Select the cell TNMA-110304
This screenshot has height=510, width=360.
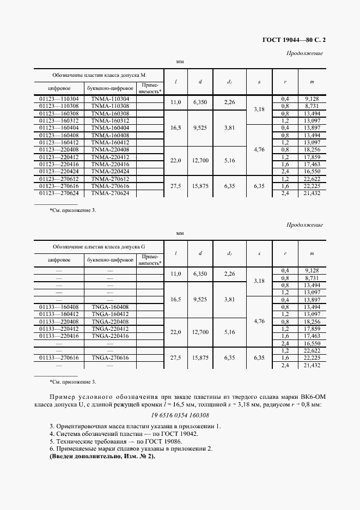[x=110, y=99]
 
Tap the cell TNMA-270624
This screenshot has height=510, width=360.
[x=110, y=193]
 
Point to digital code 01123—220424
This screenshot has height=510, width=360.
[x=59, y=171]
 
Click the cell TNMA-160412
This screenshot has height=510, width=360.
[x=110, y=142]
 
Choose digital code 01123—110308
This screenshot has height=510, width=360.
[x=59, y=106]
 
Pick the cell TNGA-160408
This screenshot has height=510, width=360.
[x=110, y=307]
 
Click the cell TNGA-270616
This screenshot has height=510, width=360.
[x=110, y=357]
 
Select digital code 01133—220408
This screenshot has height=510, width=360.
[x=59, y=321]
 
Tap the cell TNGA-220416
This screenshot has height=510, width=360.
[x=110, y=336]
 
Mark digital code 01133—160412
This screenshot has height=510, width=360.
[x=59, y=314]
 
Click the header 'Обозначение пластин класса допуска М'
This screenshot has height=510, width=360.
[x=99, y=75]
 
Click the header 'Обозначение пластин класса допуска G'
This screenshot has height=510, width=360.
[x=99, y=247]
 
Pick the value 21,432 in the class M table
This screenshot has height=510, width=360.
[x=312, y=193]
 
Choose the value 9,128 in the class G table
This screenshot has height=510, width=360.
[x=312, y=270]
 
